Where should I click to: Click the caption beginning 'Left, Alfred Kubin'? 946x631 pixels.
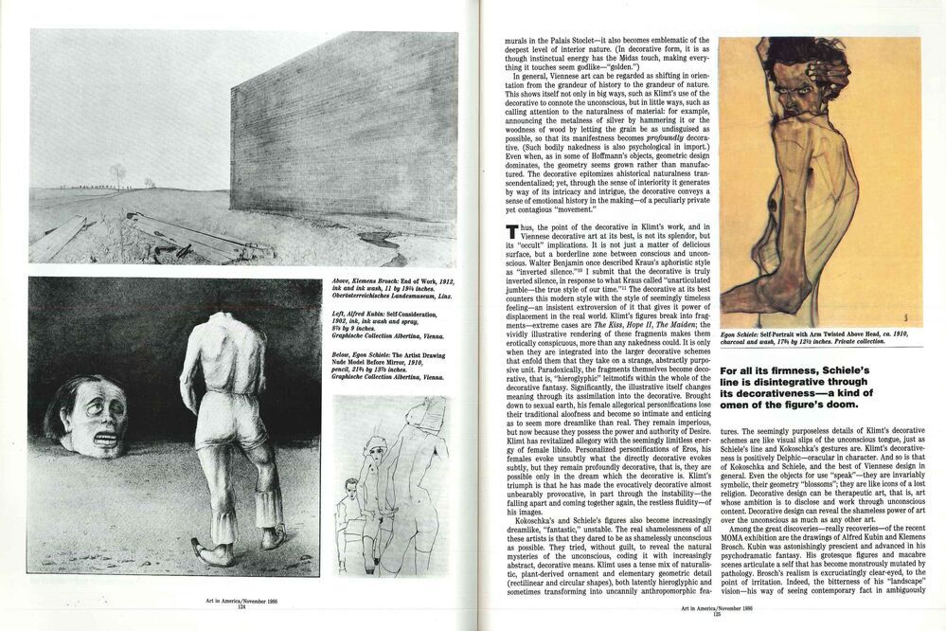click(x=383, y=327)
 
